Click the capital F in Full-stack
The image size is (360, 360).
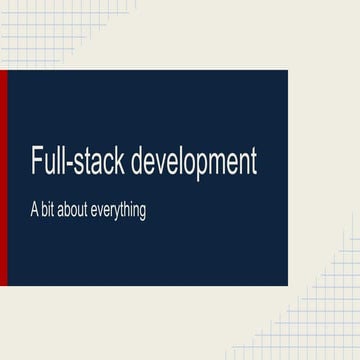point(35,162)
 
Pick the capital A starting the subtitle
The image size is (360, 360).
point(33,211)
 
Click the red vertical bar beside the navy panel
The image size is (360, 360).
point(3,177)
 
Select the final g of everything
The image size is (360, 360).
point(142,214)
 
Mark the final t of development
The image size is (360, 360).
point(253,163)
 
